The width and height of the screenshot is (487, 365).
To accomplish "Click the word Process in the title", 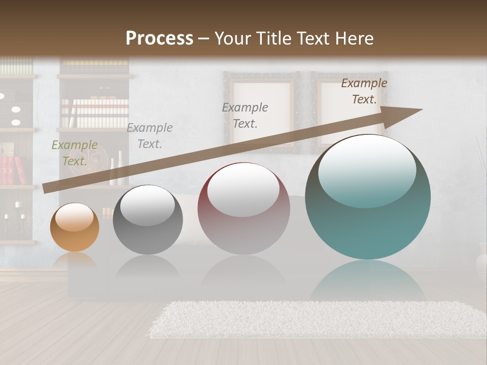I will click(159, 38).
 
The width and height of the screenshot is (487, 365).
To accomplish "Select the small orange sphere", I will click(75, 228).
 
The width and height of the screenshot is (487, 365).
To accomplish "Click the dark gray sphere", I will click(148, 220).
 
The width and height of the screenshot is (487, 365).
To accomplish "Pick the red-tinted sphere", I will click(243, 209).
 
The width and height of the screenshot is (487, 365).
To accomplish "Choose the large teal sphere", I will click(368, 198).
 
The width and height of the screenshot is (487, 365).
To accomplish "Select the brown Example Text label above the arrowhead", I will click(364, 91).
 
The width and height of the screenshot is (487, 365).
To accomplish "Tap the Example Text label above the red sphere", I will click(245, 115).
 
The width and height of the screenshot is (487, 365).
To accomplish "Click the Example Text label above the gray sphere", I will click(149, 135).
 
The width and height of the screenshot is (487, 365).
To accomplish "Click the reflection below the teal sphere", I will click(368, 279).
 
